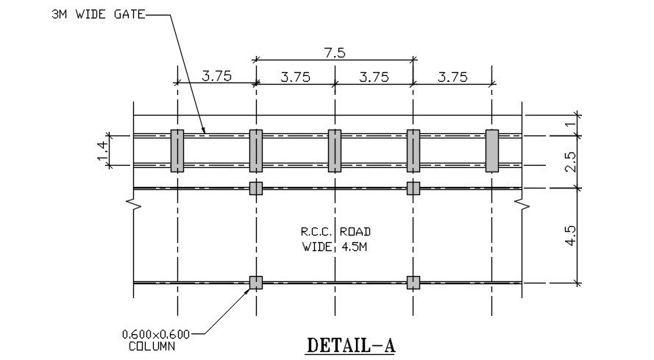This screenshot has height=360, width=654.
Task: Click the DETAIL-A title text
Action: pos(351,345)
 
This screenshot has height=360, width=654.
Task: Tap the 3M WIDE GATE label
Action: pos(99,15)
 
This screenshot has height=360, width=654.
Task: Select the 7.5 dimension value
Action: pos(335,53)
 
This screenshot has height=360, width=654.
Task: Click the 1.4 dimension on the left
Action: pos(102,151)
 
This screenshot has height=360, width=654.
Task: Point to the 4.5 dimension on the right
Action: pos(571,236)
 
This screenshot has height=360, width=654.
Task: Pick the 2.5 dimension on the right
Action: pos(571,162)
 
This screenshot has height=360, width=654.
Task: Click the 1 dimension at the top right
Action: pos(572,124)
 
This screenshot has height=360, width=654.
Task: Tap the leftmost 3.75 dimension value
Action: pos(217,77)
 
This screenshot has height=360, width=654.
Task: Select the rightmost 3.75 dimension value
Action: pos(452,77)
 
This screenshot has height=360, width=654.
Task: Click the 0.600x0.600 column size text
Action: pos(156,334)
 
